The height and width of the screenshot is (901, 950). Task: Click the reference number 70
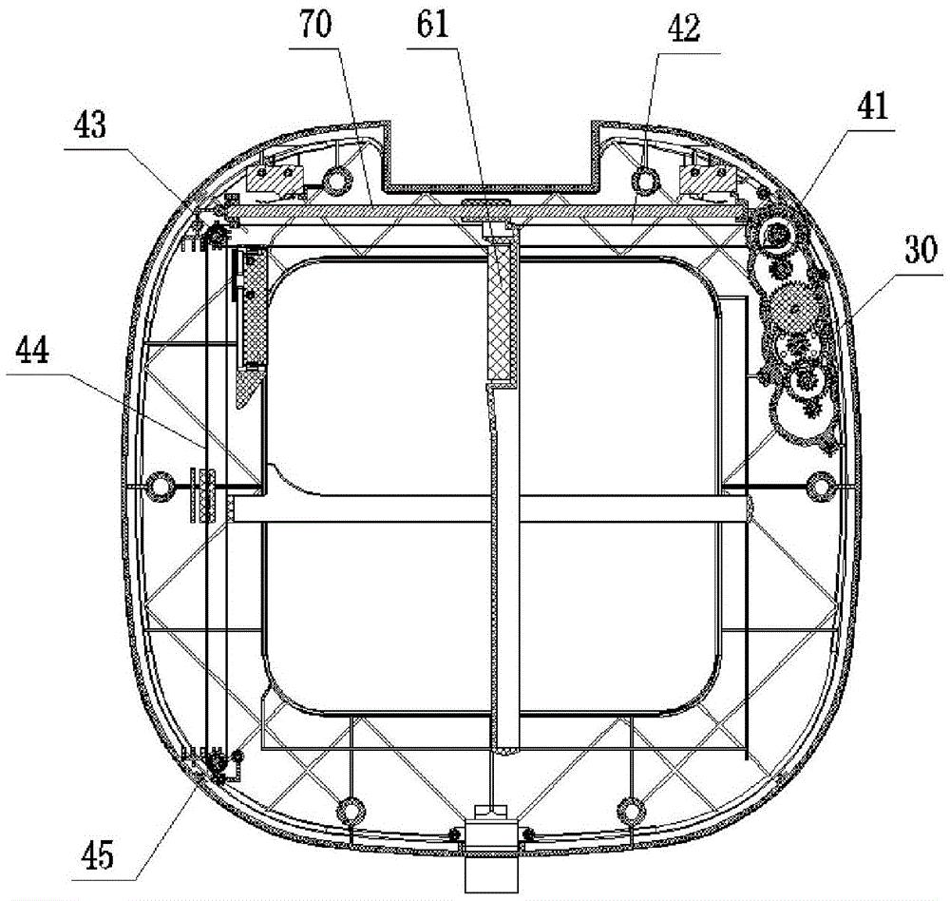315,26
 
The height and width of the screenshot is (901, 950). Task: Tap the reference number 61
432,26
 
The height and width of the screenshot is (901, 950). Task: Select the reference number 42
684,29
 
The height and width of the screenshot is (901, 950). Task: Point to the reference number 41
872,106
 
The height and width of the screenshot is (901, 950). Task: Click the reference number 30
921,250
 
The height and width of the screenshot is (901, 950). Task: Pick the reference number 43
91,125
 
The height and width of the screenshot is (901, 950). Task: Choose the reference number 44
32,351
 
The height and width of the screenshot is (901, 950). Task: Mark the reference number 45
97,855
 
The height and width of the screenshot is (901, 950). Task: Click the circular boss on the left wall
161,487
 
